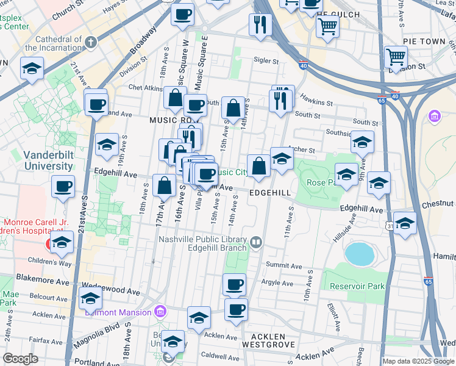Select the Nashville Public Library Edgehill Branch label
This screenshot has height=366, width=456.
tap(202, 243)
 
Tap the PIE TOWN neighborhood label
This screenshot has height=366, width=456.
tap(424, 41)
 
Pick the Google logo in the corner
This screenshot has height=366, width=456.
tap(20, 359)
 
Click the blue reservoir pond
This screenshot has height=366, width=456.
tap(358, 254)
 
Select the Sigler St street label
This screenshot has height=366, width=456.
tap(266, 61)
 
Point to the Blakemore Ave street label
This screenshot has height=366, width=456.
tap(42, 282)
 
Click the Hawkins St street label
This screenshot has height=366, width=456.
tap(316, 104)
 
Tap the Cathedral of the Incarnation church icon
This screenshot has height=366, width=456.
tap(91, 42)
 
